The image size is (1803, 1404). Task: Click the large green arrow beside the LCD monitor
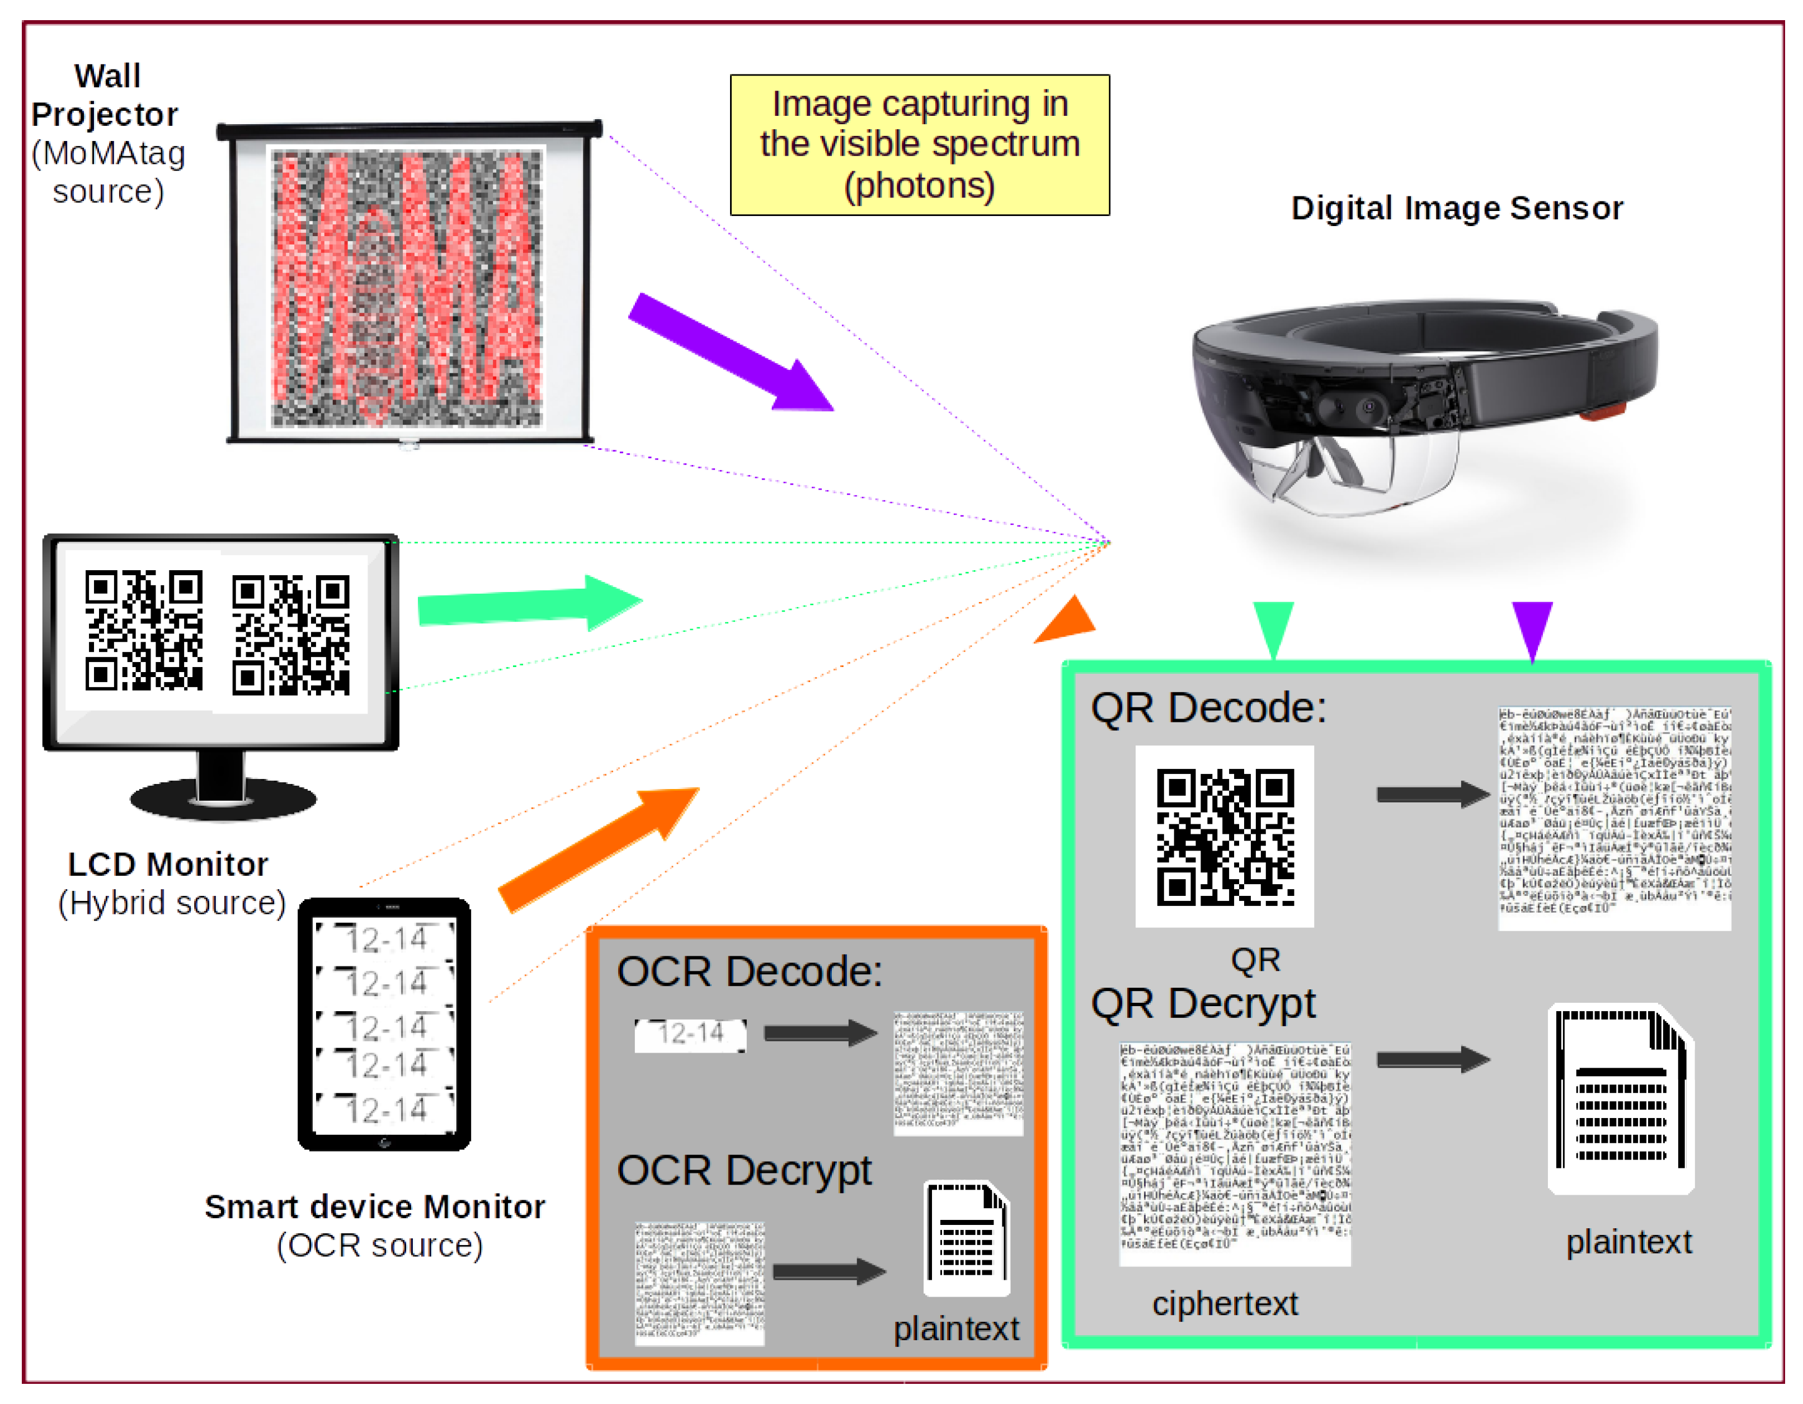[x=528, y=603]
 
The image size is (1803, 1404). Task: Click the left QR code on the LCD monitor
[x=144, y=630]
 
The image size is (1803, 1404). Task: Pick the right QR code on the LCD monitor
[x=290, y=634]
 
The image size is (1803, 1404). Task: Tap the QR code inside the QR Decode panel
[x=1225, y=837]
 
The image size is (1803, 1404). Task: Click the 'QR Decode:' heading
[x=1208, y=708]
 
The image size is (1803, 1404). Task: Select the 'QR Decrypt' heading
[x=1203, y=1004]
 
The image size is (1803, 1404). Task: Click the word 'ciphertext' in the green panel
[x=1225, y=1303]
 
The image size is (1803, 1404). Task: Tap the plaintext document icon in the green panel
[x=1621, y=1098]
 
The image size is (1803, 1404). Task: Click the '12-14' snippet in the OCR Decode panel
[x=690, y=1034]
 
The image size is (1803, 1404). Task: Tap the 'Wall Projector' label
[x=106, y=95]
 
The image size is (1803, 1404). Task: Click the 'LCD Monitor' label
[x=168, y=865]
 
